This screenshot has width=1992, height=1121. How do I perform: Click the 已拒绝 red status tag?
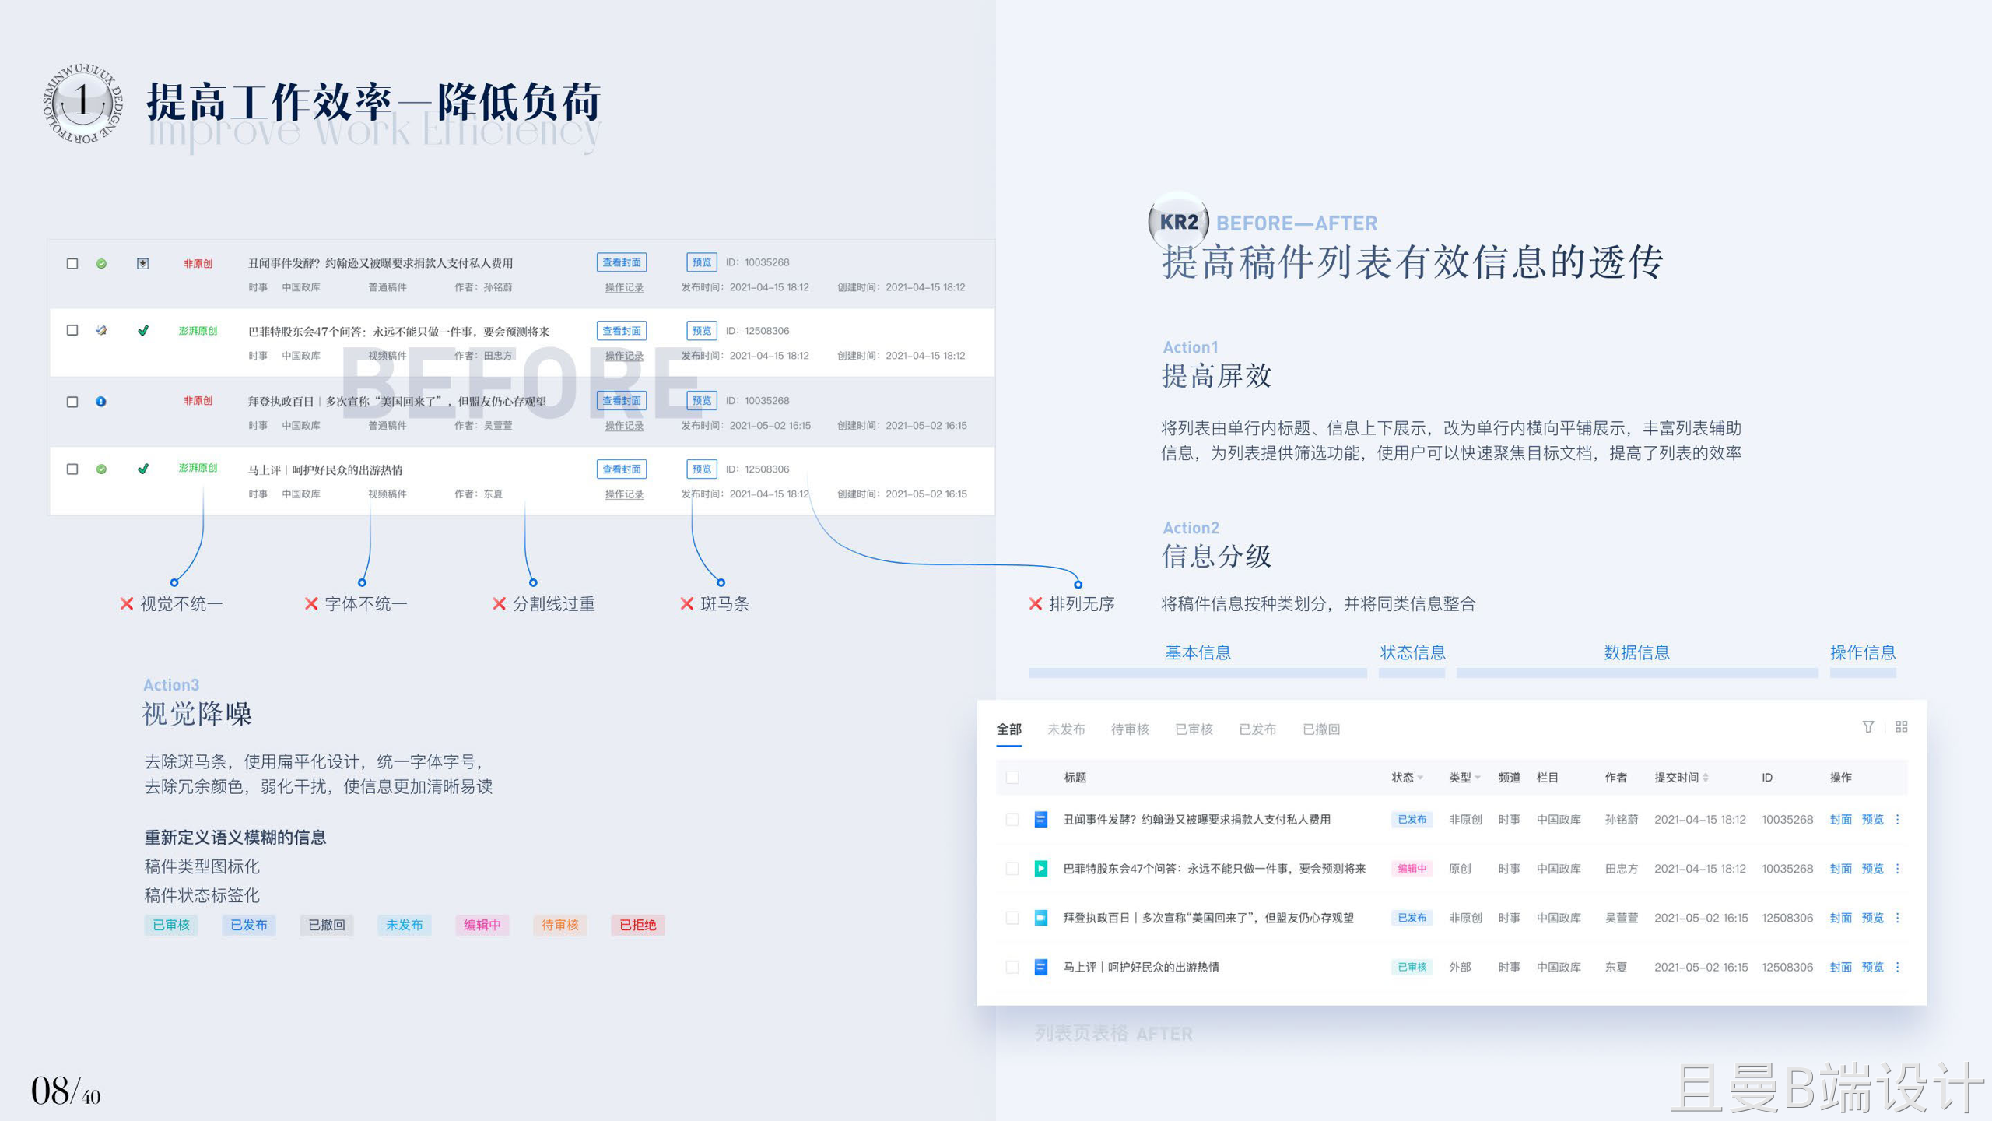point(637,925)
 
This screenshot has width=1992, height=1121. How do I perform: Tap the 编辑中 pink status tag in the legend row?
point(482,925)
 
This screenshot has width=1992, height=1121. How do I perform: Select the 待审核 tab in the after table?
point(1130,729)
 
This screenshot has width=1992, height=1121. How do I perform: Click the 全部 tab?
point(1008,729)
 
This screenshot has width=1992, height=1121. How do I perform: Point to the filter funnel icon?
point(1867,726)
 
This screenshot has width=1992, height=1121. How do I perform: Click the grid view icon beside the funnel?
point(1901,726)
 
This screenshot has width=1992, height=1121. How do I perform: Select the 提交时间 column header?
point(1676,778)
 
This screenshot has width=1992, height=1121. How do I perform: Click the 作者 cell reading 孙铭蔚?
point(1621,820)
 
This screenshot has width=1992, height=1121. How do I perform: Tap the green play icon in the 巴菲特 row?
point(1040,869)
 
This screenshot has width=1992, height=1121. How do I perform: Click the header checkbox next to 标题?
point(1012,778)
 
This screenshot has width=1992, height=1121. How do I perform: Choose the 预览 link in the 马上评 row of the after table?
point(1872,968)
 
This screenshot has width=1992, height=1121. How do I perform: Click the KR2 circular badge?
point(1178,222)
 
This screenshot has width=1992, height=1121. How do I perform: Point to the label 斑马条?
point(724,604)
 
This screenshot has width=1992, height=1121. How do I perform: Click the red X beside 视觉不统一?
point(127,604)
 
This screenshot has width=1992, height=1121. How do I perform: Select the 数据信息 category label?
point(1636,652)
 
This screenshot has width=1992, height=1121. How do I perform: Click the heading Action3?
point(171,685)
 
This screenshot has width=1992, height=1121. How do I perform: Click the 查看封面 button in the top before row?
point(621,262)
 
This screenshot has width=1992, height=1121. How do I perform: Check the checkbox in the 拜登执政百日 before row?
point(72,402)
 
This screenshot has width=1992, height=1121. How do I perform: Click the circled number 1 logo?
point(82,103)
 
